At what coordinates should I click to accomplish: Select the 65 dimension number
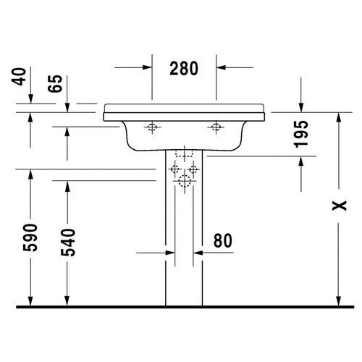54,84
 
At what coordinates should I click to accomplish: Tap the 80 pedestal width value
224,239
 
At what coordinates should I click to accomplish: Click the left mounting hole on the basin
151,128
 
